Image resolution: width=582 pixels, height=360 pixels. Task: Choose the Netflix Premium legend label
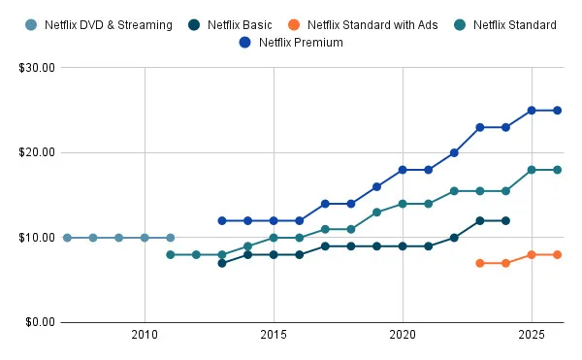pyautogui.click(x=301, y=42)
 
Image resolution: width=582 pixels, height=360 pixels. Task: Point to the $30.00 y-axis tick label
pyautogui.click(x=36, y=68)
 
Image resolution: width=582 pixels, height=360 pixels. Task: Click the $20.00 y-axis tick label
pyautogui.click(x=36, y=152)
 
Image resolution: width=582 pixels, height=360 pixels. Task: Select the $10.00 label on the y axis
pyautogui.click(x=36, y=238)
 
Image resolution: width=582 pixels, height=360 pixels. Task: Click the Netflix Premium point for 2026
pyautogui.click(x=557, y=111)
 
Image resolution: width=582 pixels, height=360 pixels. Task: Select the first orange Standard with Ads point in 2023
pyautogui.click(x=480, y=263)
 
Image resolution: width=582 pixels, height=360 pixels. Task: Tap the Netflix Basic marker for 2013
pyautogui.click(x=222, y=263)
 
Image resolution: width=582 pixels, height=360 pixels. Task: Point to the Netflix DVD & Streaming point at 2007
pyautogui.click(x=67, y=238)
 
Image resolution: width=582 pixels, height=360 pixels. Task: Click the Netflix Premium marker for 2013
pyautogui.click(x=222, y=220)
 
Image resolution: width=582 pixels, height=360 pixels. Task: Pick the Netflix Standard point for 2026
pyautogui.click(x=557, y=170)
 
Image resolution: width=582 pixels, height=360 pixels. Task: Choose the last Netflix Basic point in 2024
pyautogui.click(x=505, y=220)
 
